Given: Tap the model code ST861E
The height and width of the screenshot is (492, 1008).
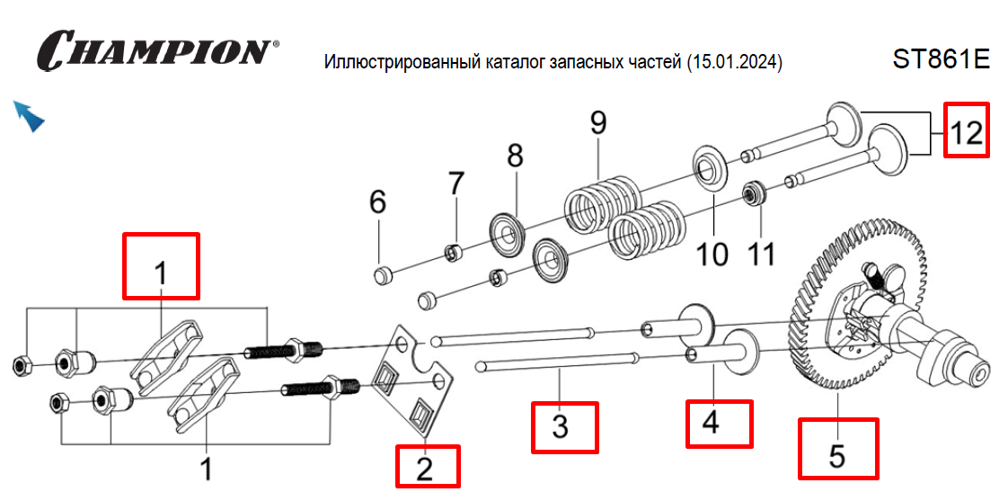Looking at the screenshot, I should point(941,59).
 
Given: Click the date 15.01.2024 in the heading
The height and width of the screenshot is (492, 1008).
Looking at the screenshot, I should point(733,63).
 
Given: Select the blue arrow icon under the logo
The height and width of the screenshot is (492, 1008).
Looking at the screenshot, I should point(29,116).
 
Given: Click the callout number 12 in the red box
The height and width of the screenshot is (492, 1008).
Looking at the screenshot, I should point(967,131).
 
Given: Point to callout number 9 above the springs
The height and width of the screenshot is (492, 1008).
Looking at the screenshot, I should point(599,124).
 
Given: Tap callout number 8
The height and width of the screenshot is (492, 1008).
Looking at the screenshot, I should point(515,157).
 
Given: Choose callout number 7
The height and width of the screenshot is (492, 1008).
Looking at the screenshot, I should point(456,183).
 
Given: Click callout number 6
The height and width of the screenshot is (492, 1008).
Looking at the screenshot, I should point(378,202).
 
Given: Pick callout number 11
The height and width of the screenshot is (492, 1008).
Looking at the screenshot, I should point(761,255).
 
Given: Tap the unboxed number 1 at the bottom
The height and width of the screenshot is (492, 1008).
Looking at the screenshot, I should point(207,469).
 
